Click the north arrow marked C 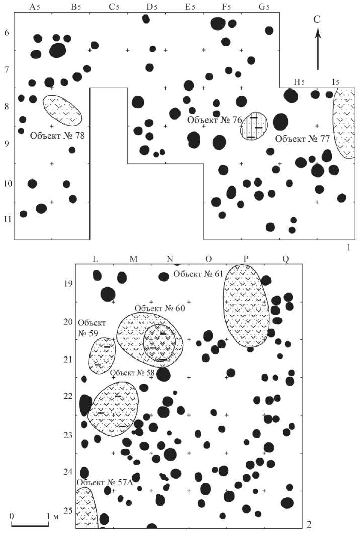tap(318, 48)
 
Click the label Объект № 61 tap(198, 274)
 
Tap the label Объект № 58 tap(133, 373)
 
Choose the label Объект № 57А tap(104, 482)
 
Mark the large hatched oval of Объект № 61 tap(245, 306)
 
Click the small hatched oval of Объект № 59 tap(102, 354)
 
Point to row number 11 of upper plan tap(7, 219)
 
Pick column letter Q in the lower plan tap(285, 259)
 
